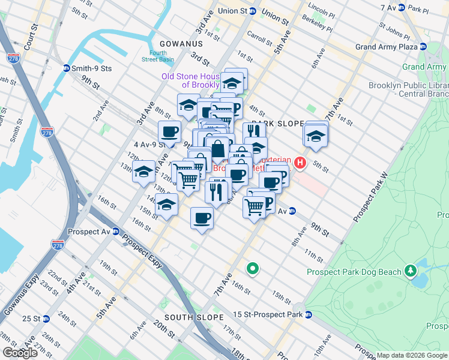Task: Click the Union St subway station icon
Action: point(253,11)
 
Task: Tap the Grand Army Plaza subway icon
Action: point(423,47)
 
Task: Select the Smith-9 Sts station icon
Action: point(65,68)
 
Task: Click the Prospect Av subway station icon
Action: point(115,232)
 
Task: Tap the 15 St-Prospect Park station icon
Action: point(308,314)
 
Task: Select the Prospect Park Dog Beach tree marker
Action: point(410,272)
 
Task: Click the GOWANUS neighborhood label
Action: point(181,44)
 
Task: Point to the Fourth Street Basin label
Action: point(158,56)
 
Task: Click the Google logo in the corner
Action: point(20,352)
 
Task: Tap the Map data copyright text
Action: point(412,355)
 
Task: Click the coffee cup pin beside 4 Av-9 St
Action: point(169,133)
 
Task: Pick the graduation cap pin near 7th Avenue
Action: point(316,136)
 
